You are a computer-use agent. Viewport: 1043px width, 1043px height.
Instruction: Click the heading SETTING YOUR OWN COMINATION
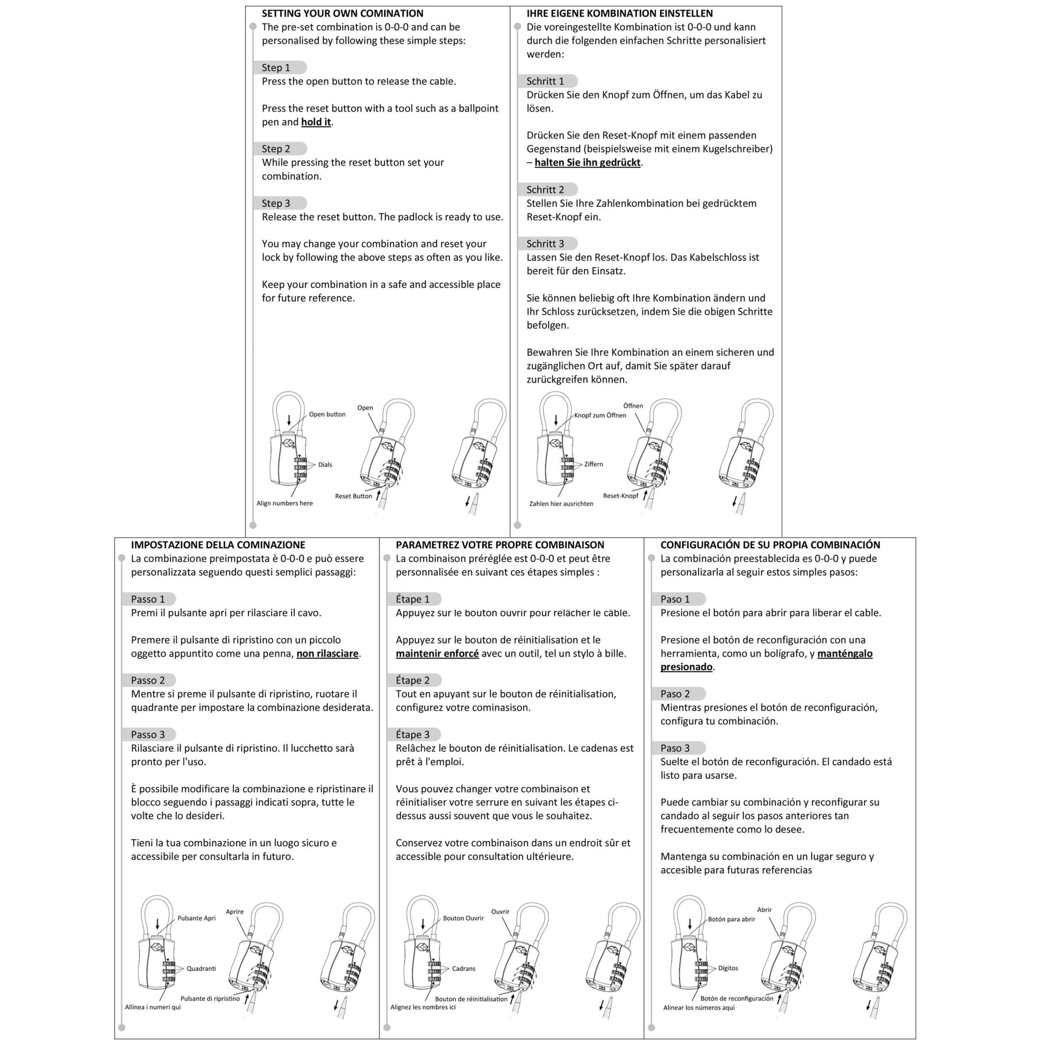(342, 13)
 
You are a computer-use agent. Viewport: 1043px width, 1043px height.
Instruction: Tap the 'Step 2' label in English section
(276, 148)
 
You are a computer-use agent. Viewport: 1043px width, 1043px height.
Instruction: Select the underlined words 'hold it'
(316, 122)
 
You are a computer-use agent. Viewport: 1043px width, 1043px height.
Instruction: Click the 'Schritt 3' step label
(545, 243)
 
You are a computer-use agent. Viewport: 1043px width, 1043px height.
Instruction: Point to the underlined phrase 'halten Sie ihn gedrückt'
(587, 162)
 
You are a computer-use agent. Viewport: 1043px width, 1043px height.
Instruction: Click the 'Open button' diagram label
(327, 414)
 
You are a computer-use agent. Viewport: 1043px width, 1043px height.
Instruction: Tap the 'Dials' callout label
(325, 465)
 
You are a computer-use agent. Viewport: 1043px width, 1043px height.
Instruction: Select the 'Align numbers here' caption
(285, 503)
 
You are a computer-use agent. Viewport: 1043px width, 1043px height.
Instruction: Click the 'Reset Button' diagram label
(354, 496)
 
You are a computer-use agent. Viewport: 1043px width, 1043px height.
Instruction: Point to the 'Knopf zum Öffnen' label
(600, 415)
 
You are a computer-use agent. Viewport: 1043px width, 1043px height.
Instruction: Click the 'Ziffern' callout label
(593, 464)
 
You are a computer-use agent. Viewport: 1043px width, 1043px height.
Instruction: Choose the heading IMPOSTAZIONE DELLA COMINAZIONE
(218, 545)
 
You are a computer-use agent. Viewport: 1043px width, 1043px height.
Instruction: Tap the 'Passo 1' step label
(148, 599)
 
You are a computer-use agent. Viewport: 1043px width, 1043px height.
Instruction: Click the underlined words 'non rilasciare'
(327, 653)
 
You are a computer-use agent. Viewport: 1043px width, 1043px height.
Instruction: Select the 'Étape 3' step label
(413, 734)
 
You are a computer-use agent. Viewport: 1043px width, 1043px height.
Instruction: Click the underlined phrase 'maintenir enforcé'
(437, 653)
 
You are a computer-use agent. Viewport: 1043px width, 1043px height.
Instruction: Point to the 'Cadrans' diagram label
(464, 968)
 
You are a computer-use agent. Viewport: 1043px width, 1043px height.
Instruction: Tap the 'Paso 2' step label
(675, 694)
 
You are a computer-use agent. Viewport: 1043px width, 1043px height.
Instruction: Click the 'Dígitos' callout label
(728, 968)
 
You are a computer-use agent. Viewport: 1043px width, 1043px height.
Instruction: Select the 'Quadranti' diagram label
(202, 968)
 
